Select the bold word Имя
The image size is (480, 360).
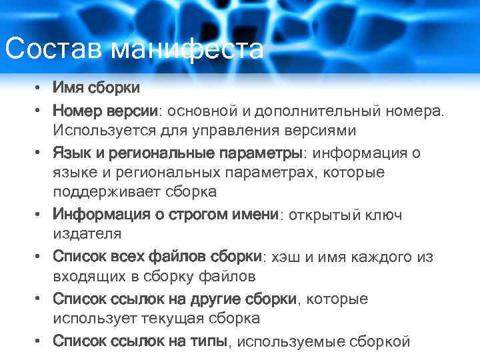[x=68, y=88]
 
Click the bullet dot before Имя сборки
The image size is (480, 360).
[x=40, y=88]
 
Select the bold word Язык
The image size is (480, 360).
[x=71, y=153]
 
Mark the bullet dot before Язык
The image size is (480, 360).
[x=40, y=153]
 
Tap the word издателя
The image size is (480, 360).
[x=87, y=233]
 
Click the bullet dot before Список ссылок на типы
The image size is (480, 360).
[x=40, y=341]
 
